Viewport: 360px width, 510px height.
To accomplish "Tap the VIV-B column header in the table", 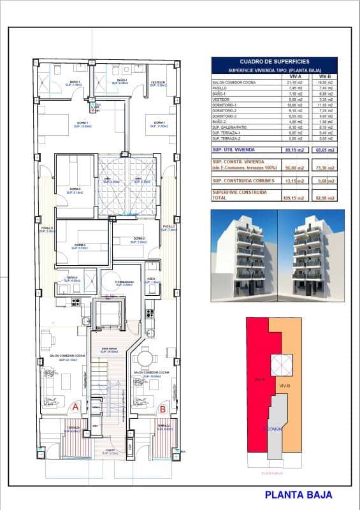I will click(x=326, y=75).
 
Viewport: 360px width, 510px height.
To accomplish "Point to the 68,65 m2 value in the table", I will click(x=326, y=150).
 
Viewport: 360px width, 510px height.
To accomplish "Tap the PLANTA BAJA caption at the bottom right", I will click(x=298, y=494).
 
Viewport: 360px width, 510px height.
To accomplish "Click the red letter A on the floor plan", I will click(x=75, y=406).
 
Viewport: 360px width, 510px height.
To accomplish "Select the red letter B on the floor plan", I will click(x=162, y=409).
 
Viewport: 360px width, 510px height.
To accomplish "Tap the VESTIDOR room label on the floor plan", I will click(x=158, y=82).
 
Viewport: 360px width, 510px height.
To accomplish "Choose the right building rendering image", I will click(x=310, y=255).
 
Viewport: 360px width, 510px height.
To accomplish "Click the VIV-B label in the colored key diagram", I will click(x=284, y=386).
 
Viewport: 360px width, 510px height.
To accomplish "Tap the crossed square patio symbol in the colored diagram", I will click(x=281, y=364).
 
